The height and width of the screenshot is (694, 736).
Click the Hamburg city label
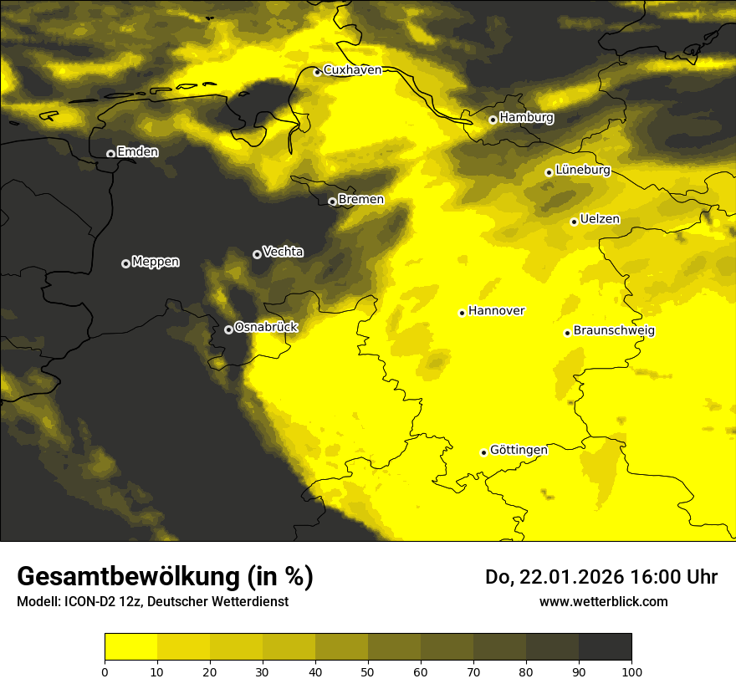526,118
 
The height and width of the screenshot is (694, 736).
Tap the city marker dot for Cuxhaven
317,72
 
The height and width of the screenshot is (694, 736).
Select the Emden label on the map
137,151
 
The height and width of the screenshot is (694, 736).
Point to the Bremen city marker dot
332,202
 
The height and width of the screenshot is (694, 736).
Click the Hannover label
496,311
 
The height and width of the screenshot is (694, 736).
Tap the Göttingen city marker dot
483,452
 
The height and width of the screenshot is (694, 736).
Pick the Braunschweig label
614,331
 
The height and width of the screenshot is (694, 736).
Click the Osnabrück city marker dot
228,329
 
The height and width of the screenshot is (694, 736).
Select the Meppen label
156,262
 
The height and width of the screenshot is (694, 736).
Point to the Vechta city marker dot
257,254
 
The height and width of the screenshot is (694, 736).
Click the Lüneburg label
583,170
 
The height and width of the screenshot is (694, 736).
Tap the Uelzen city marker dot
574,222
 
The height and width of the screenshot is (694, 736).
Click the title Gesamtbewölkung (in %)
165,577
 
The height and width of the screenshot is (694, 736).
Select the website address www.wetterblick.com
603,601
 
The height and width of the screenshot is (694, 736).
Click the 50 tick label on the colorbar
368,671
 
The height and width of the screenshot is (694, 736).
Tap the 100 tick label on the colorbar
631,671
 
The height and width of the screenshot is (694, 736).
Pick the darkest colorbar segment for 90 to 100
605,647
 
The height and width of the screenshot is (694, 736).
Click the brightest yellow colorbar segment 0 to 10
130,647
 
